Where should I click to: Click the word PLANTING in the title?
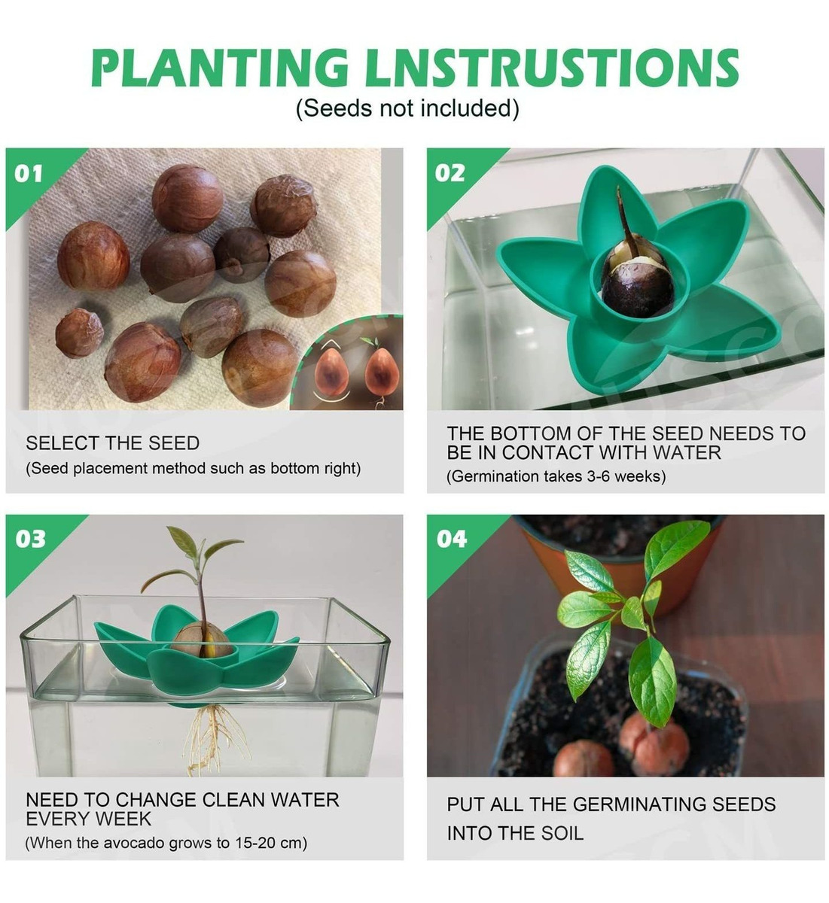tap(220, 68)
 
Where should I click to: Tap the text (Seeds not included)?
tap(407, 108)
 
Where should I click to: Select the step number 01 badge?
tap(28, 174)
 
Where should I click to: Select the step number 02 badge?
tap(450, 173)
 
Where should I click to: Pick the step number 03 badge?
tap(30, 539)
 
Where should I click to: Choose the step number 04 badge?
tap(452, 539)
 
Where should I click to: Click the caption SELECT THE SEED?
tap(113, 443)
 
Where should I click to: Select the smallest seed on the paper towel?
tap(80, 333)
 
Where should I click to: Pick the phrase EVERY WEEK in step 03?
tap(88, 819)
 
